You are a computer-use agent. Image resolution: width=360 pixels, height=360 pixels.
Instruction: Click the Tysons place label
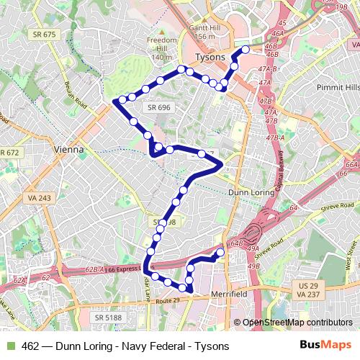click(x=210, y=57)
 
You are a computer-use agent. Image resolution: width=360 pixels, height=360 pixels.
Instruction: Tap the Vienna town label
click(x=69, y=150)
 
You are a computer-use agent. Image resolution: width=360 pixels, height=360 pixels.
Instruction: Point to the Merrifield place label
click(x=230, y=295)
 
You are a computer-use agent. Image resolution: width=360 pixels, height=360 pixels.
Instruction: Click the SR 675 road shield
click(x=42, y=35)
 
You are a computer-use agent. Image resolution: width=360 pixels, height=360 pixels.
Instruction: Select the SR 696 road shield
click(x=158, y=107)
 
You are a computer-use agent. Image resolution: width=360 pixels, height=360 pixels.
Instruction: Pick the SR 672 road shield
click(x=9, y=153)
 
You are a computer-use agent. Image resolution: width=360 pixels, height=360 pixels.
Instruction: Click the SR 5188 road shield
click(x=109, y=317)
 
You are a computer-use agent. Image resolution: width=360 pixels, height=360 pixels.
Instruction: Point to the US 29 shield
click(x=303, y=285)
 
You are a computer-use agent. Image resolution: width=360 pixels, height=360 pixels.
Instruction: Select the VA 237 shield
click(x=303, y=294)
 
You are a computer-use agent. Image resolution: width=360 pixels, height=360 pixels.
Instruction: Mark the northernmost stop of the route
click(x=246, y=50)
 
